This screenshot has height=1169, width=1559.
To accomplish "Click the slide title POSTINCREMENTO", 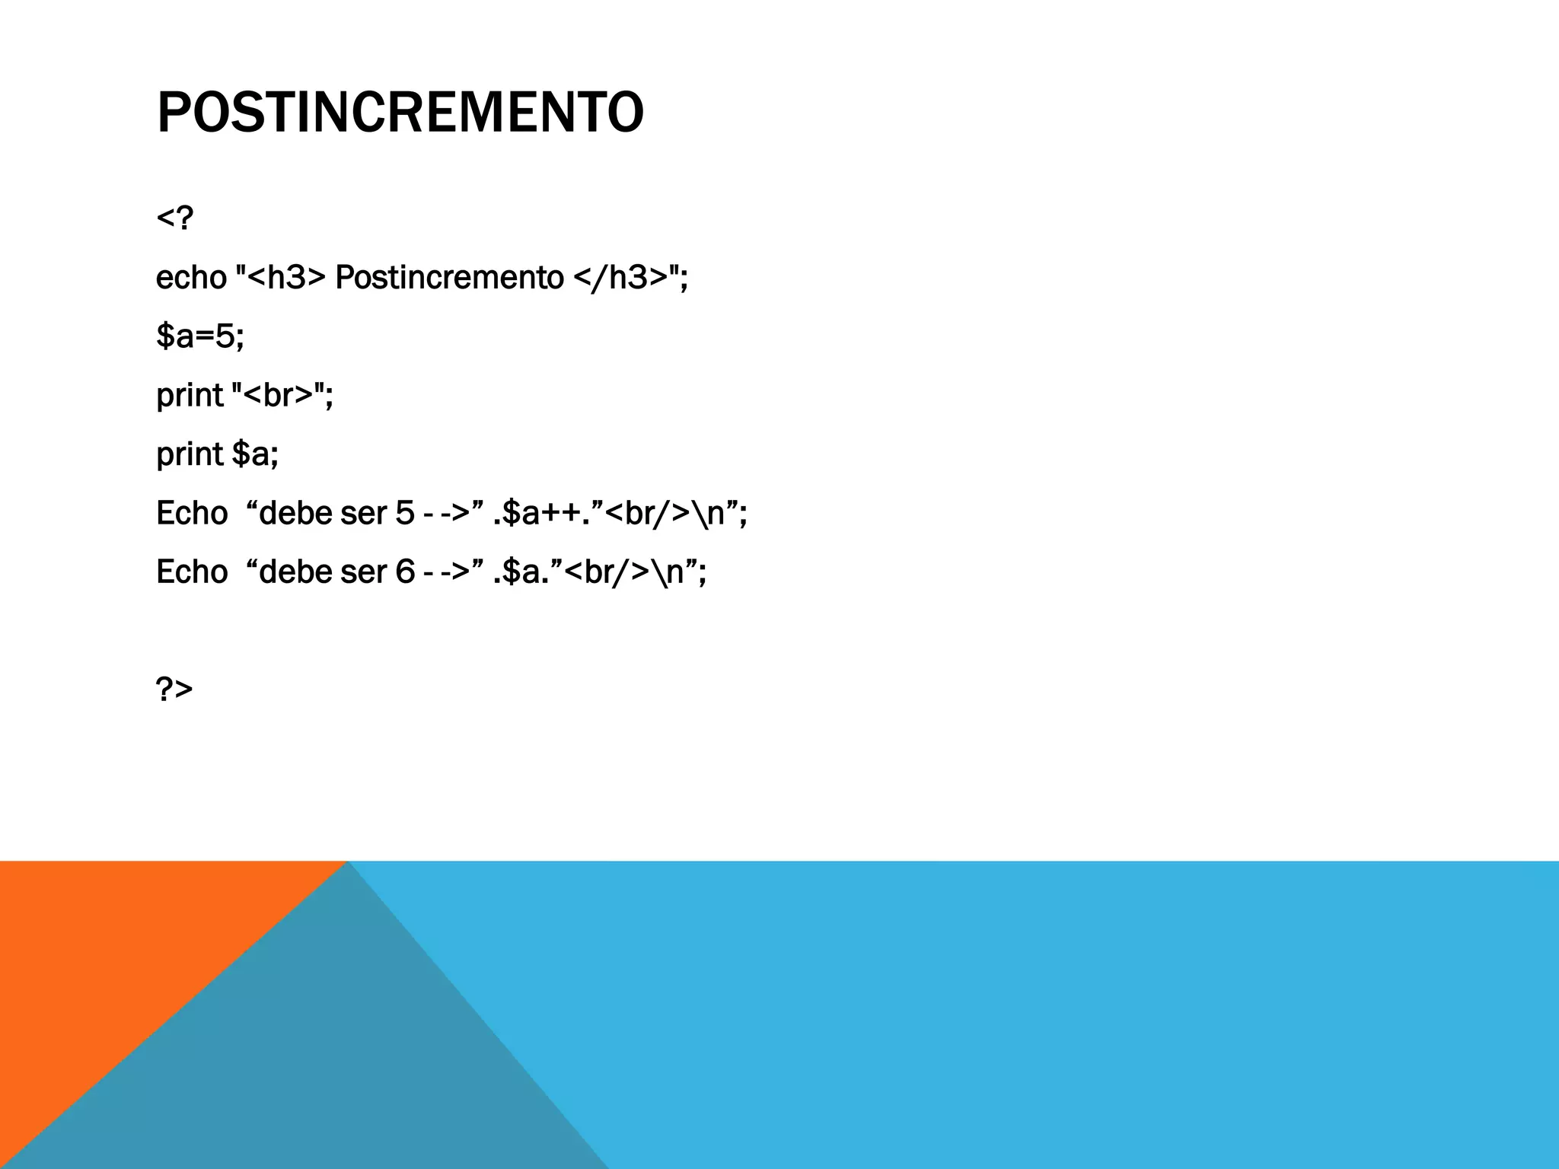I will click(x=400, y=113).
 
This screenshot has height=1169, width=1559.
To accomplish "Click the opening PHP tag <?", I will click(x=174, y=218).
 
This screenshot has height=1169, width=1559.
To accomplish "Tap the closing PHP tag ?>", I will click(x=174, y=689).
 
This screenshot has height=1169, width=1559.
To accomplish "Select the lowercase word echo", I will click(x=191, y=277).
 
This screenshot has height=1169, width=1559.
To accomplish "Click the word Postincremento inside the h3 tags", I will click(x=449, y=277).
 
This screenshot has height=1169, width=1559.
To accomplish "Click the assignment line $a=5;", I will click(x=200, y=336).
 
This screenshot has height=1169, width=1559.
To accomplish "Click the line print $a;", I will click(x=217, y=454).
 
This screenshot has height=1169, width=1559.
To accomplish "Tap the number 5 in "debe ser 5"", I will click(x=405, y=513).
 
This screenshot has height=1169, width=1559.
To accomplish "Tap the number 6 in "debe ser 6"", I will click(x=405, y=572).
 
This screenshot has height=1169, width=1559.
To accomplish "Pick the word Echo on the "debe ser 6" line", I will click(x=192, y=572).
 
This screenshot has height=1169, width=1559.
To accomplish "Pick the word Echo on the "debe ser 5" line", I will click(x=192, y=513).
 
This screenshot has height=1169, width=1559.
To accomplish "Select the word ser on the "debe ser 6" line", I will click(x=363, y=572).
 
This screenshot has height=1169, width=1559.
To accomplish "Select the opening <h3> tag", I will click(x=286, y=277).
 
